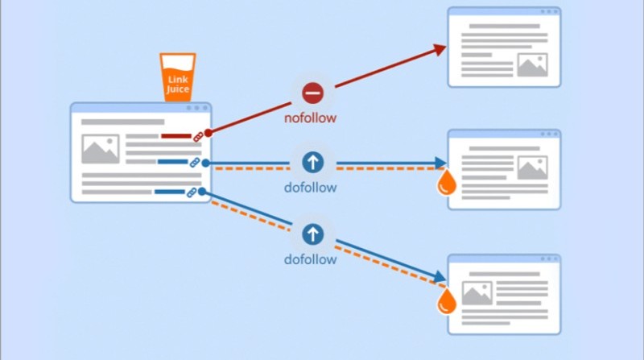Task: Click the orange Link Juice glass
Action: click(177, 77)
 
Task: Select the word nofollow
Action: click(310, 118)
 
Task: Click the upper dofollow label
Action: click(310, 188)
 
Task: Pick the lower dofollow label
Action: click(310, 260)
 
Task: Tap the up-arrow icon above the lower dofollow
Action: click(313, 234)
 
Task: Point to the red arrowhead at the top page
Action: click(440, 49)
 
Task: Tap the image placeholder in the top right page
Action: click(532, 64)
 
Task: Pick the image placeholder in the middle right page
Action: click(532, 168)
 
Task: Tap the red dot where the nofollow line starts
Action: click(208, 132)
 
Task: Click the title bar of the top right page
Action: click(504, 12)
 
